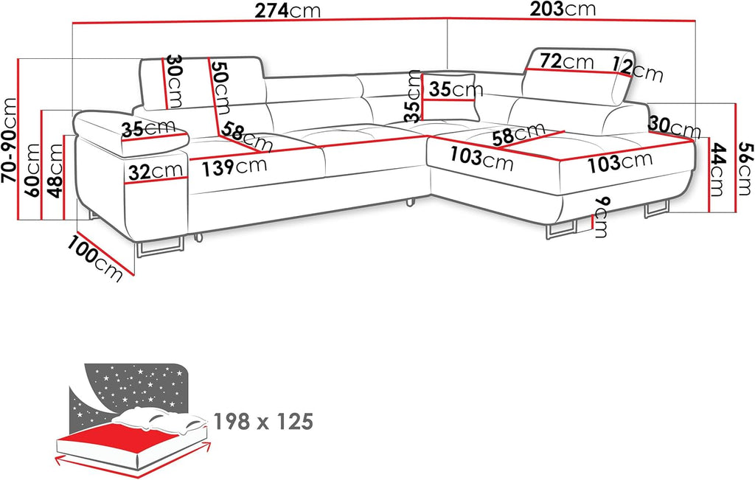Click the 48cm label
56,170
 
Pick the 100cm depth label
97,257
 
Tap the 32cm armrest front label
155,172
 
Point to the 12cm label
638,70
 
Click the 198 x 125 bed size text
263,422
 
